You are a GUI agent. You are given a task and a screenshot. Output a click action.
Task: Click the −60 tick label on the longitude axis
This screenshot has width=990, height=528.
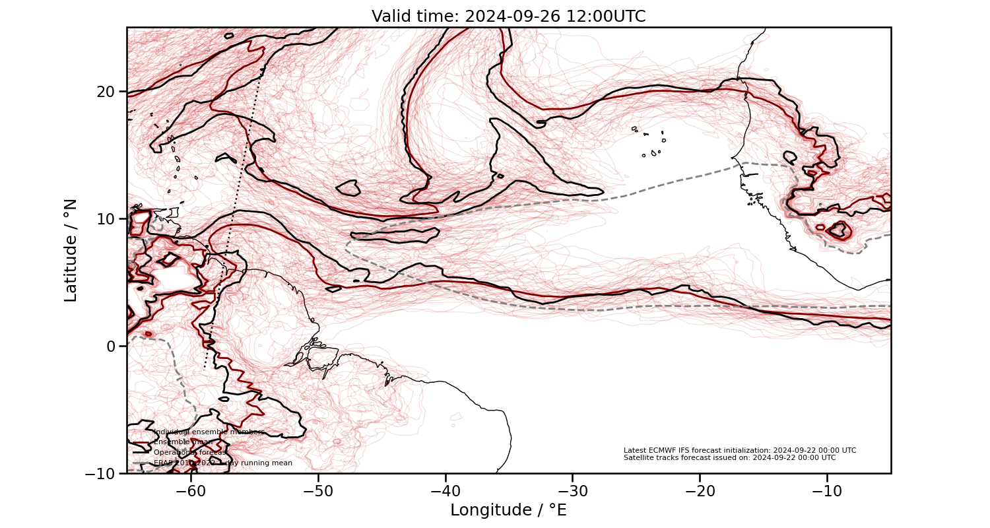(x=191, y=490)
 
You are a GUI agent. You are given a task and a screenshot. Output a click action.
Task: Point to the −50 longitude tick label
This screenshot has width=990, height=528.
(x=318, y=490)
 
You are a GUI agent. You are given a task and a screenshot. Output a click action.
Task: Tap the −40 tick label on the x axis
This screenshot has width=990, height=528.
(x=445, y=490)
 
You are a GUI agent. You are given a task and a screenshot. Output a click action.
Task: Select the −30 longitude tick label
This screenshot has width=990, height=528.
(x=572, y=490)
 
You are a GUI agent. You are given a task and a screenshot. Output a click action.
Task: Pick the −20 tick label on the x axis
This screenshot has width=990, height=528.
(x=700, y=490)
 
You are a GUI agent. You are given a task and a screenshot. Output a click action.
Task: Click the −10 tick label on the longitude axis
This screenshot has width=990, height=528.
(x=827, y=490)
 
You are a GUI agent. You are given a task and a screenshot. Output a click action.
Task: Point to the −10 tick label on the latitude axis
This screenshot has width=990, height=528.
(x=103, y=473)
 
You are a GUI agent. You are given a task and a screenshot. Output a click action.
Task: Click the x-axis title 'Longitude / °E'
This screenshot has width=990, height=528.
(x=508, y=510)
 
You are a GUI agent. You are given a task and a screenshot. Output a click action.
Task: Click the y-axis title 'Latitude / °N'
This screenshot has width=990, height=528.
(x=71, y=250)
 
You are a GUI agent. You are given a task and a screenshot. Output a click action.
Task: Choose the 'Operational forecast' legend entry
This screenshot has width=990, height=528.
(x=190, y=452)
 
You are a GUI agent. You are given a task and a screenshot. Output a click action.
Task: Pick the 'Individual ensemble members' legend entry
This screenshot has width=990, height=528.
(x=209, y=432)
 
